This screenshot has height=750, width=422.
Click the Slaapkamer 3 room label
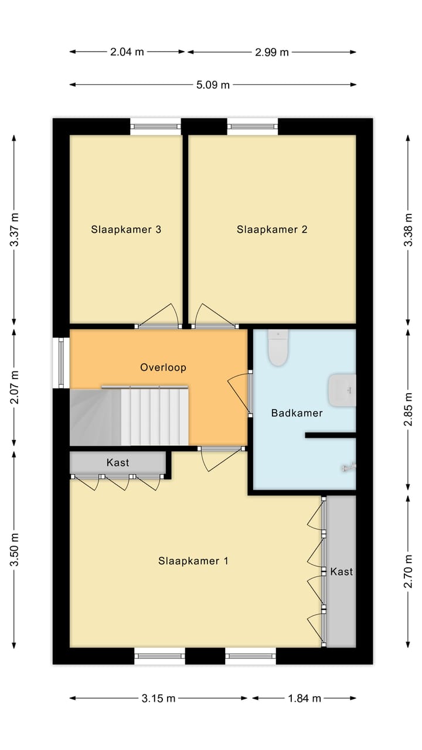click(126, 230)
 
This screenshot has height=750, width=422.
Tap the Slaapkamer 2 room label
click(272, 230)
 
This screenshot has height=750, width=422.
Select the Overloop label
click(163, 367)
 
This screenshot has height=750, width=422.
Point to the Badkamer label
click(297, 413)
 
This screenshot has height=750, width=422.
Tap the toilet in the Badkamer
click(278, 347)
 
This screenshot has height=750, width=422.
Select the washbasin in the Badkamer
click(342, 390)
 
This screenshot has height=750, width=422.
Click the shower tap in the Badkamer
click(349, 467)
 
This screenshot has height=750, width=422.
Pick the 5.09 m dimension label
click(213, 85)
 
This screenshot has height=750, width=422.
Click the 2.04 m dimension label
click(127, 52)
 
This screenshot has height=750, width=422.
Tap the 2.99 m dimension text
click(271, 52)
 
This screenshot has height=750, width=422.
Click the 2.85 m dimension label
click(409, 409)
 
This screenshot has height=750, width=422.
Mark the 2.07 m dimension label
click(15, 387)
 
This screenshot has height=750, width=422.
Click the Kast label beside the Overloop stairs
click(118, 462)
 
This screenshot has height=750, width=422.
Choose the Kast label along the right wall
click(342, 571)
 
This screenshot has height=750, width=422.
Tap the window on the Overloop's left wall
click(62, 363)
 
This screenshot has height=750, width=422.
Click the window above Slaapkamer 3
click(155, 127)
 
